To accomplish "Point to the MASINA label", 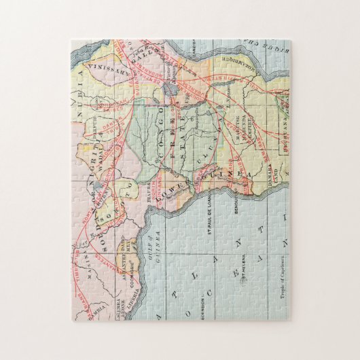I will [90, 275].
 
